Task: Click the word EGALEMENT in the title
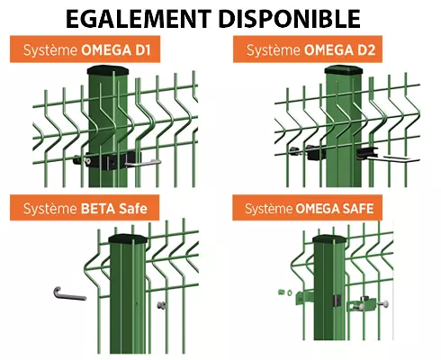point(139,19)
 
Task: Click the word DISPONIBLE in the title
point(290,19)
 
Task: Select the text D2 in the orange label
point(367,49)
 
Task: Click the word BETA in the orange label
point(98,209)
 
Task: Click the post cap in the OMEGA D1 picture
point(108,70)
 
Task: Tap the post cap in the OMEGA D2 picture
point(344,70)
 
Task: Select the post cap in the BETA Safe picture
point(128,239)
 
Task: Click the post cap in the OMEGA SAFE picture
point(329,239)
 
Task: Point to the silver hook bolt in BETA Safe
point(69,294)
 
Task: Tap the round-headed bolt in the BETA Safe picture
point(161,305)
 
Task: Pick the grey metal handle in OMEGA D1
point(142,163)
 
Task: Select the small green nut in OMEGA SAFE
point(282,292)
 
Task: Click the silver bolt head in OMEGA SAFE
point(384,304)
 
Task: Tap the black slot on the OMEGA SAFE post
point(337,301)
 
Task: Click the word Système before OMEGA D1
point(50,50)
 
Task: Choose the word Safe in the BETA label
point(133,209)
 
